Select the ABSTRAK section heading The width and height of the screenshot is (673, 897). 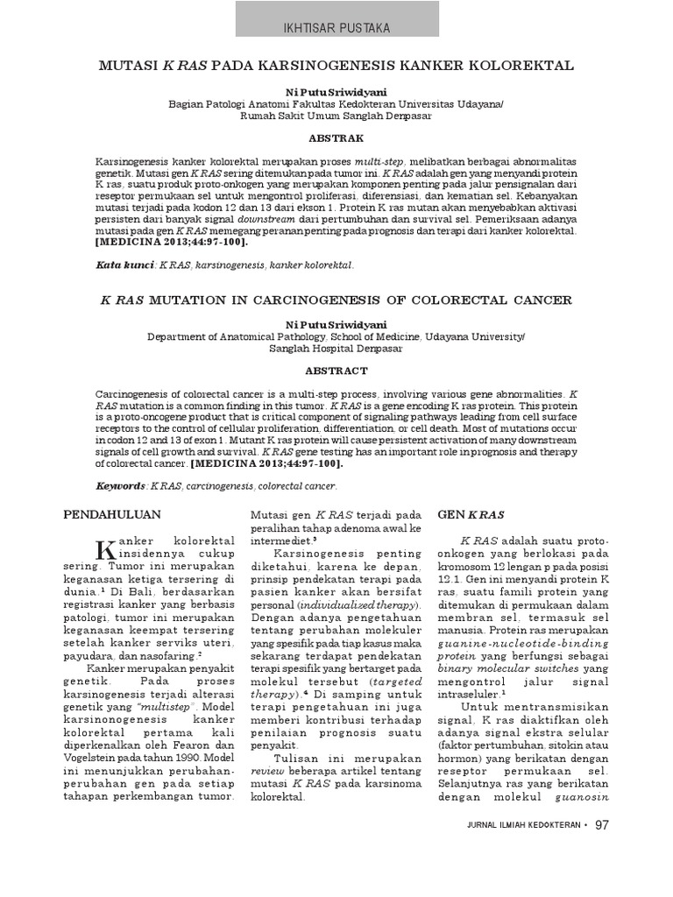(x=336, y=138)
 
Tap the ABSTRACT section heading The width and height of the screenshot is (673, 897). (x=336, y=371)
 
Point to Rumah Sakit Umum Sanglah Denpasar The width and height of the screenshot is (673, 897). (x=336, y=115)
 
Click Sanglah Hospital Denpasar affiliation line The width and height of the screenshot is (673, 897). (x=336, y=347)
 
